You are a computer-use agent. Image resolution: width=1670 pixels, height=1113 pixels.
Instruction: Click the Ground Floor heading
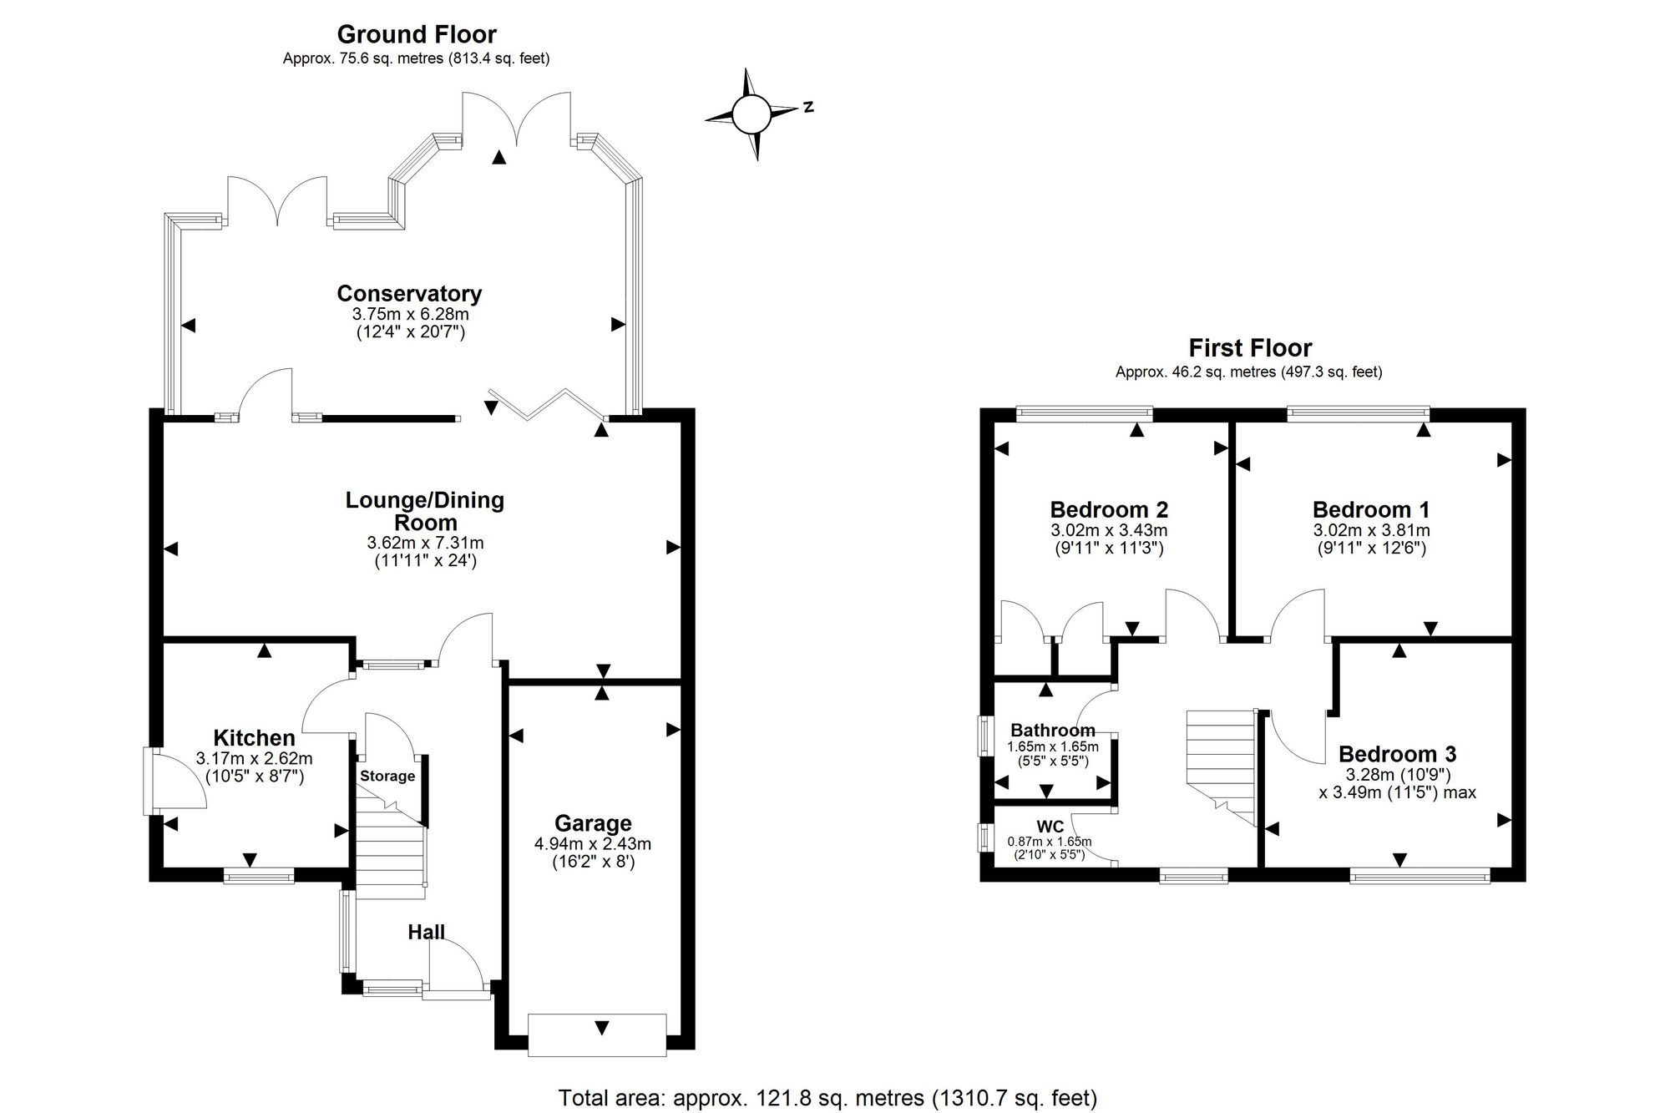[x=417, y=34]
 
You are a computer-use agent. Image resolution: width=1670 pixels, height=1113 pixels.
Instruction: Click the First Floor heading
[x=1250, y=347]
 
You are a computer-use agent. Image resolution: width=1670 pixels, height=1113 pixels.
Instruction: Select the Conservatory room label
[x=409, y=294]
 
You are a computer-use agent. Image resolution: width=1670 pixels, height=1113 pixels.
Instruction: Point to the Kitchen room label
[x=255, y=738]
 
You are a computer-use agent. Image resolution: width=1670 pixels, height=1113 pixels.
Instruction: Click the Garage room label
[x=593, y=824]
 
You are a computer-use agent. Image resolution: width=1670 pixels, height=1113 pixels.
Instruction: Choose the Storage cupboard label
[x=387, y=776]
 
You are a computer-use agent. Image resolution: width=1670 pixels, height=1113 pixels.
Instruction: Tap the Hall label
[x=426, y=932]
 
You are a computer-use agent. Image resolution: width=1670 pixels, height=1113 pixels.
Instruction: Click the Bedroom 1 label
[x=1371, y=509]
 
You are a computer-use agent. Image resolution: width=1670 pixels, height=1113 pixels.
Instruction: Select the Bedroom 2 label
[x=1109, y=509]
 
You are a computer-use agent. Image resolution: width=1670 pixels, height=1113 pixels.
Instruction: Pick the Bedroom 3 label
[x=1398, y=754]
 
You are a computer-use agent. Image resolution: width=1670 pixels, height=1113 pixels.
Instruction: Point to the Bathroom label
[x=1053, y=731]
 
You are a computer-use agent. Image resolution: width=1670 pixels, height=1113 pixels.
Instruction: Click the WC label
[x=1050, y=827]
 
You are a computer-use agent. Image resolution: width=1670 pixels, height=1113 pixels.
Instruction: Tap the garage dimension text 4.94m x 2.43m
[x=593, y=844]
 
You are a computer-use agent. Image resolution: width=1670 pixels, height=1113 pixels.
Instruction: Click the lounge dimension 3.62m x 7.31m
[x=426, y=543]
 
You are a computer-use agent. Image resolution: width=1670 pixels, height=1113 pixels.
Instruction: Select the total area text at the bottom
[x=827, y=1098]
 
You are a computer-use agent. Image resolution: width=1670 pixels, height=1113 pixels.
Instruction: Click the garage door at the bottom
[x=598, y=1035]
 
